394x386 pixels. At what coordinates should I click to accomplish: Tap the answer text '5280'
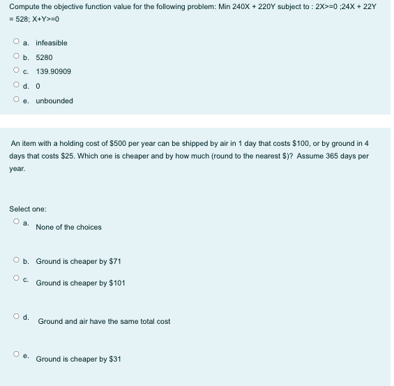coord(44,57)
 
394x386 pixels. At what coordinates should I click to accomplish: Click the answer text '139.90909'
coord(53,71)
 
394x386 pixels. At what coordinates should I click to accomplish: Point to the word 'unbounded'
coord(54,101)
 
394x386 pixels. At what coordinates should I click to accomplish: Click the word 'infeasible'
coord(52,43)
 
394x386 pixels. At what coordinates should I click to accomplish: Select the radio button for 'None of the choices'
coord(15,222)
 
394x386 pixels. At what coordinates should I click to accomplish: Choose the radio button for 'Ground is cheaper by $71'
coord(15,261)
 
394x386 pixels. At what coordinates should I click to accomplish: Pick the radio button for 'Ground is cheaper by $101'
coord(15,279)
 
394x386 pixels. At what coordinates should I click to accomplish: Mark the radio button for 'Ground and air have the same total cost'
coord(15,317)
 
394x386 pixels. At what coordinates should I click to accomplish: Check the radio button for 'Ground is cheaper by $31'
coord(15,355)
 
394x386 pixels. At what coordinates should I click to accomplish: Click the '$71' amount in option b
coord(115,261)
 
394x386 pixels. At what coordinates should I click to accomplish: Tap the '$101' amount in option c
coord(117,283)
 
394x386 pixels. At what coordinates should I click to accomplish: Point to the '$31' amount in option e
coord(115,359)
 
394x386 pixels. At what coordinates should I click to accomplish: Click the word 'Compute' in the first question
coord(24,6)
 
